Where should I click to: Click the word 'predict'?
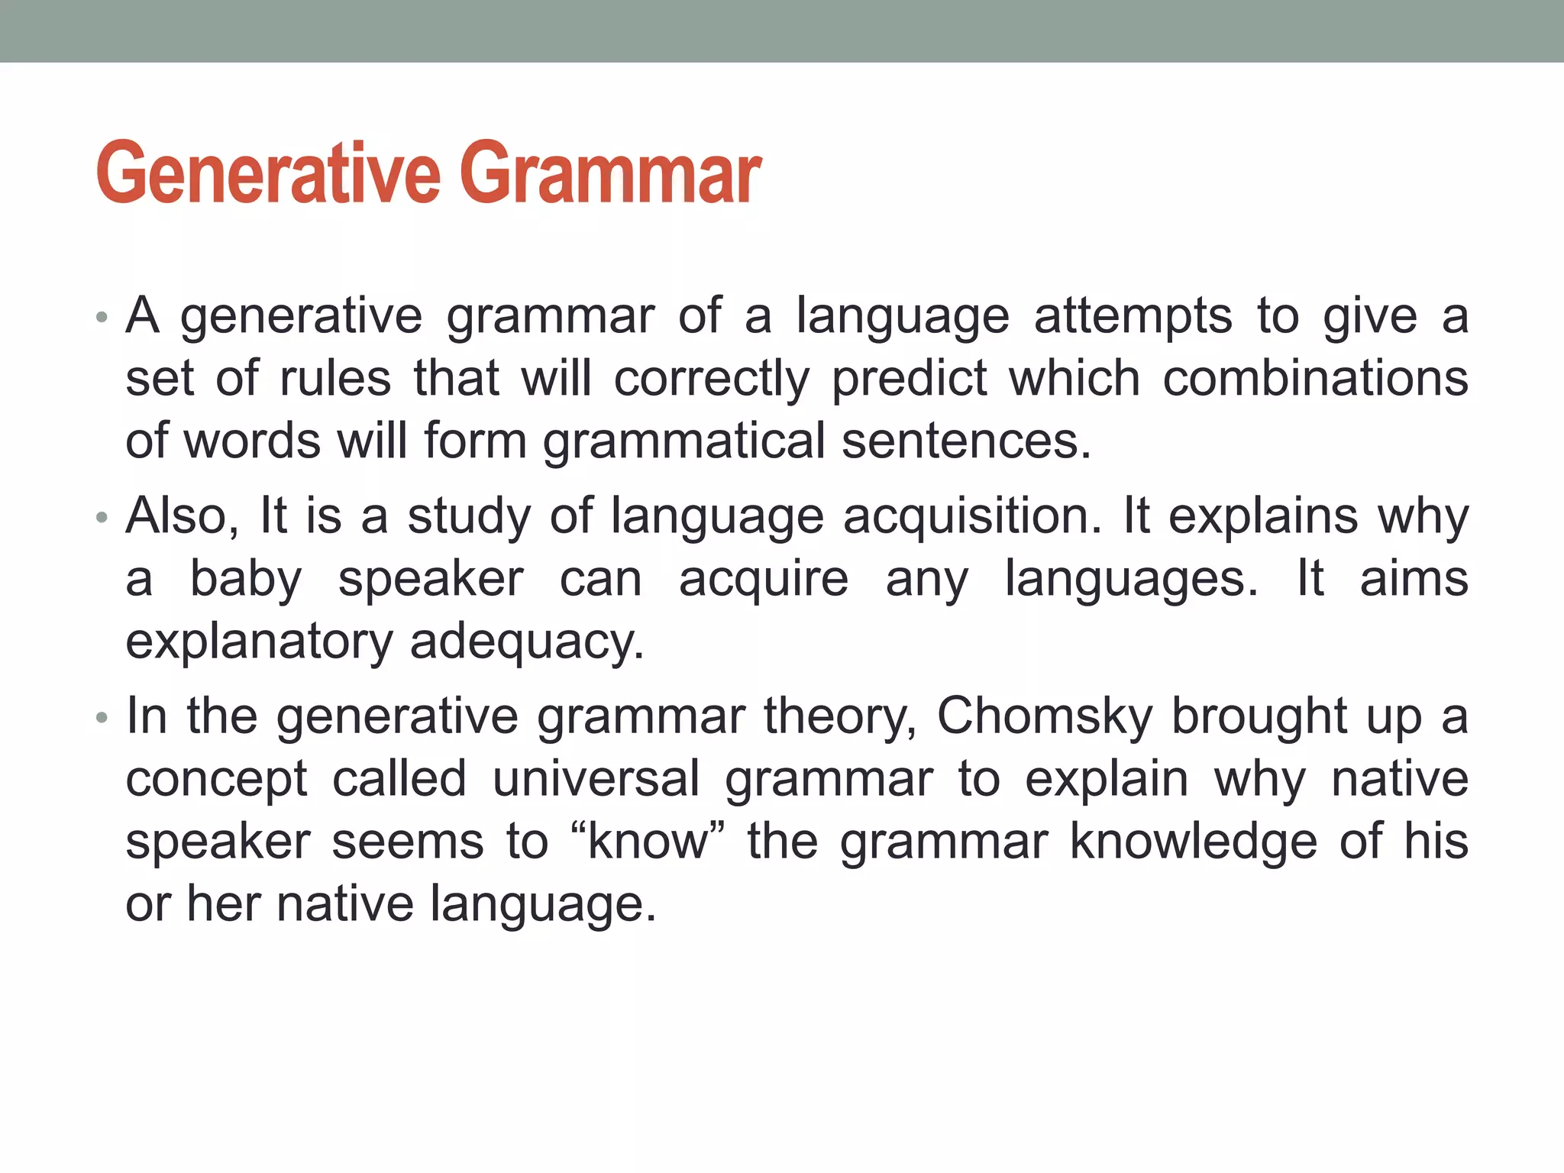(910, 379)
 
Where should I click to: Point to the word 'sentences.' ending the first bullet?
(966, 441)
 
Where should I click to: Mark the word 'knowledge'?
(1194, 842)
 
